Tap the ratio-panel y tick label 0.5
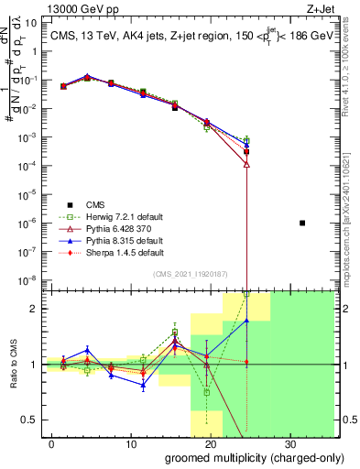[29, 420]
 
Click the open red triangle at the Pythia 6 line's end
[246, 164]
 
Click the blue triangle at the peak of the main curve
[87, 77]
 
